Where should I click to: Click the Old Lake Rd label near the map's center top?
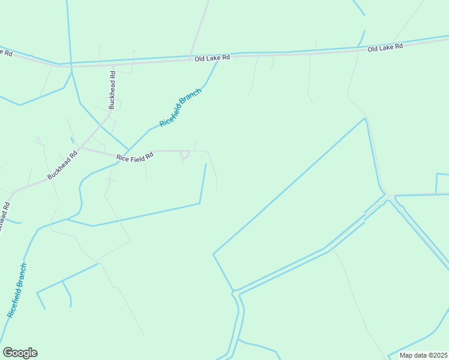click(x=212, y=58)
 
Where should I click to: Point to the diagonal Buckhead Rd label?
click(x=63, y=165)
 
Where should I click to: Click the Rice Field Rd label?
click(x=135, y=157)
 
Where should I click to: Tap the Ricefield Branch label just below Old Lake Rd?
click(x=180, y=106)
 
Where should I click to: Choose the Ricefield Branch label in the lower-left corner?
click(x=17, y=290)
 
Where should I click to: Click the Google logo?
click(x=20, y=353)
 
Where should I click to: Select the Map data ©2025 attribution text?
click(x=423, y=355)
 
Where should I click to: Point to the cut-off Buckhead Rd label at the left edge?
click(x=4, y=214)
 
